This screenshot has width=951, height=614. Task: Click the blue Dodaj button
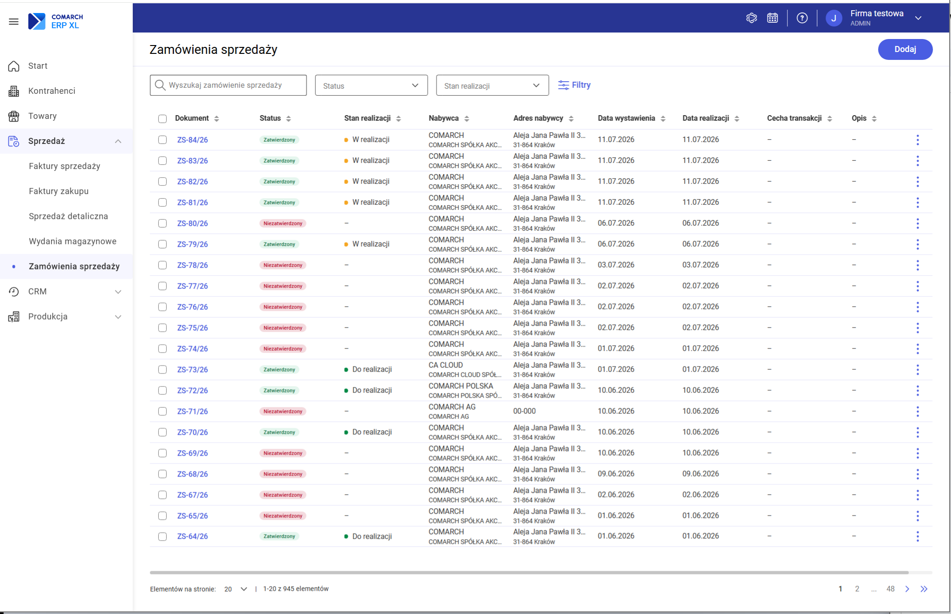[x=905, y=49]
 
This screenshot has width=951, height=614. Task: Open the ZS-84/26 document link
[x=192, y=140]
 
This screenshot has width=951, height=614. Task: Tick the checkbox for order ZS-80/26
[x=163, y=223]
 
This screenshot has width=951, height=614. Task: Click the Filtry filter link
[x=574, y=85]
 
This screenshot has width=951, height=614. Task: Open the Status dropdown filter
[x=371, y=85]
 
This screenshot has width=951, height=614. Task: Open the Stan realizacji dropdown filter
[x=492, y=85]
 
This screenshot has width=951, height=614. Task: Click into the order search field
[x=228, y=85]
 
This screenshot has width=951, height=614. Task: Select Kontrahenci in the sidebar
[x=52, y=91]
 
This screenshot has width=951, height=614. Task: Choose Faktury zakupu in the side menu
[x=59, y=191]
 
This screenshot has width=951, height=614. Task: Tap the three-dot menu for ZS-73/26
[x=918, y=370]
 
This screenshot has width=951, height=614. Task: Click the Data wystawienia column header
[x=626, y=118]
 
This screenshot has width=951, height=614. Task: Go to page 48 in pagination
[x=890, y=589]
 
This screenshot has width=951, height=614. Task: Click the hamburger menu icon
[x=14, y=21]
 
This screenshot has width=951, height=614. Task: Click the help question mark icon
[x=802, y=18]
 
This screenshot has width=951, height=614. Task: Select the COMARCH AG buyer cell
[x=452, y=411]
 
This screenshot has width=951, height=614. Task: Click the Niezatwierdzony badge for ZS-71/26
[x=283, y=412]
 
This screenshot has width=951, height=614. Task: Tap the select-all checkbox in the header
[x=163, y=119]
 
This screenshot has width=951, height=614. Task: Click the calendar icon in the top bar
[x=772, y=18]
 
